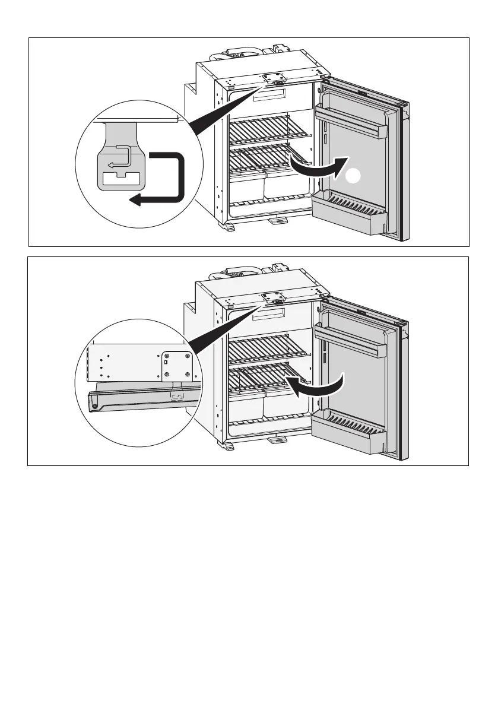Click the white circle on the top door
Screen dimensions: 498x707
coord(354,176)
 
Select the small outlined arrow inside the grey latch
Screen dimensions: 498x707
coord(119,157)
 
